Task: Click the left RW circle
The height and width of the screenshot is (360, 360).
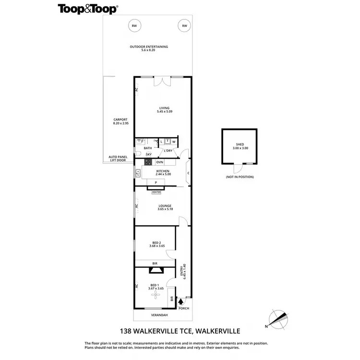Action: [x=134, y=26]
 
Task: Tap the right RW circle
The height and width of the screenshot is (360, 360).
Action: [x=184, y=26]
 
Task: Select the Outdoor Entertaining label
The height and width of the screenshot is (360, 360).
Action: [x=148, y=48]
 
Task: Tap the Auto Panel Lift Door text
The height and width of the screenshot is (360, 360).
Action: [x=117, y=158]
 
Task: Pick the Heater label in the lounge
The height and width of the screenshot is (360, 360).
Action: [x=156, y=192]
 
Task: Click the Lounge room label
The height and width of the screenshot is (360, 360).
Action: [x=165, y=207]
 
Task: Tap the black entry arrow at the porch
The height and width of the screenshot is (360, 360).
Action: [x=181, y=301]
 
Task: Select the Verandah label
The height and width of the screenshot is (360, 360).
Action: [x=159, y=315]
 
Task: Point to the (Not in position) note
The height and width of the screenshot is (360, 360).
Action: [x=240, y=177]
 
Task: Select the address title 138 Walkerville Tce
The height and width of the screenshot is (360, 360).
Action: [x=180, y=331]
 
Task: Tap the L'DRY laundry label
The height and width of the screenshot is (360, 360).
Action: [x=168, y=151]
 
